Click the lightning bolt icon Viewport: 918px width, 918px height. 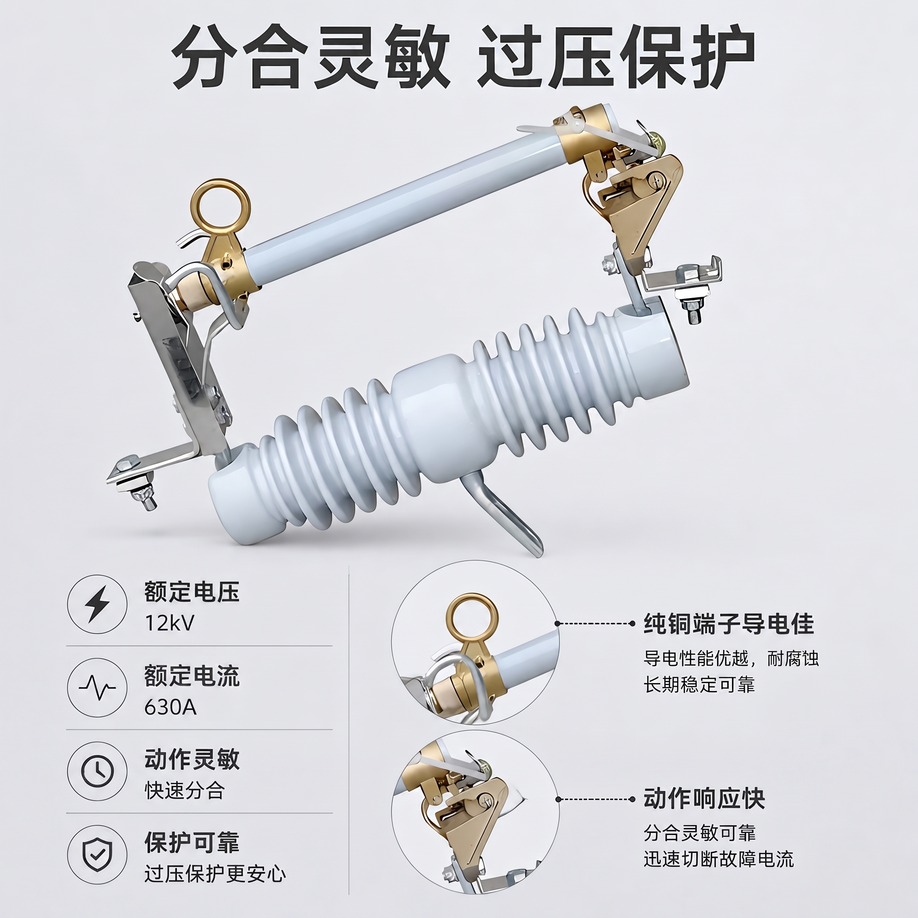(97, 604)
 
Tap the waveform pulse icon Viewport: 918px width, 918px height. (97, 688)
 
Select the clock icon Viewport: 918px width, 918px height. (97, 771)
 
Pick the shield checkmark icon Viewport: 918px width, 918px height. (97, 854)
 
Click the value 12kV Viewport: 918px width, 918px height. (169, 623)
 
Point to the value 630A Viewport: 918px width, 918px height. (170, 707)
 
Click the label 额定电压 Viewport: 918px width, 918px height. (192, 592)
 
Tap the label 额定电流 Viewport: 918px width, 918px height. (192, 676)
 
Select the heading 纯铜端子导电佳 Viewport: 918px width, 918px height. (729, 624)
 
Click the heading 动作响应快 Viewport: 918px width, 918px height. (704, 799)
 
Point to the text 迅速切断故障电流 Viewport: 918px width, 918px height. (719, 859)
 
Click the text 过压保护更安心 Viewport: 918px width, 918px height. (215, 874)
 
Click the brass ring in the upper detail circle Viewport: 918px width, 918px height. (472, 617)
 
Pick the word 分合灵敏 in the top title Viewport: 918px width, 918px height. (311, 57)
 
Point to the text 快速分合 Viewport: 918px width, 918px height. (184, 791)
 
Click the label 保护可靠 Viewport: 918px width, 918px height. (192, 842)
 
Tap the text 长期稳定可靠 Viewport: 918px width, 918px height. (699, 685)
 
